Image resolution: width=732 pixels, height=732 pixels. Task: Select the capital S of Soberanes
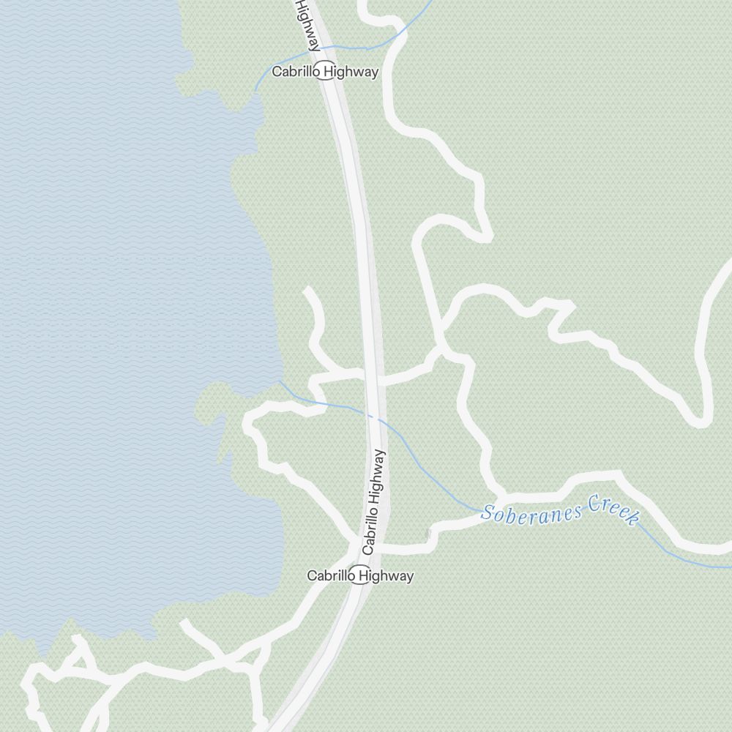486,515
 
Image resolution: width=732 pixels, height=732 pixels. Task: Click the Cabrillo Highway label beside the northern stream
325,72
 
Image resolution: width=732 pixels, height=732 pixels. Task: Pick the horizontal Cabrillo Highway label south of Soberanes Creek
360,576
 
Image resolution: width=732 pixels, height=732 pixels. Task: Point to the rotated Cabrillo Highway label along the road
373,502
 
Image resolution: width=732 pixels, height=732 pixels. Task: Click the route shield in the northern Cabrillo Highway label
326,72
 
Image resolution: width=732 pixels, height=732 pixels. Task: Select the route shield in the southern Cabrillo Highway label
359,576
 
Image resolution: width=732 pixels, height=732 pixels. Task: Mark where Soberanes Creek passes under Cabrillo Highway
375,417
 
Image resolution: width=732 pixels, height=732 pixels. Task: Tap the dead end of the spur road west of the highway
307,291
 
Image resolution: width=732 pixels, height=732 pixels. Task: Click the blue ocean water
110,293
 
